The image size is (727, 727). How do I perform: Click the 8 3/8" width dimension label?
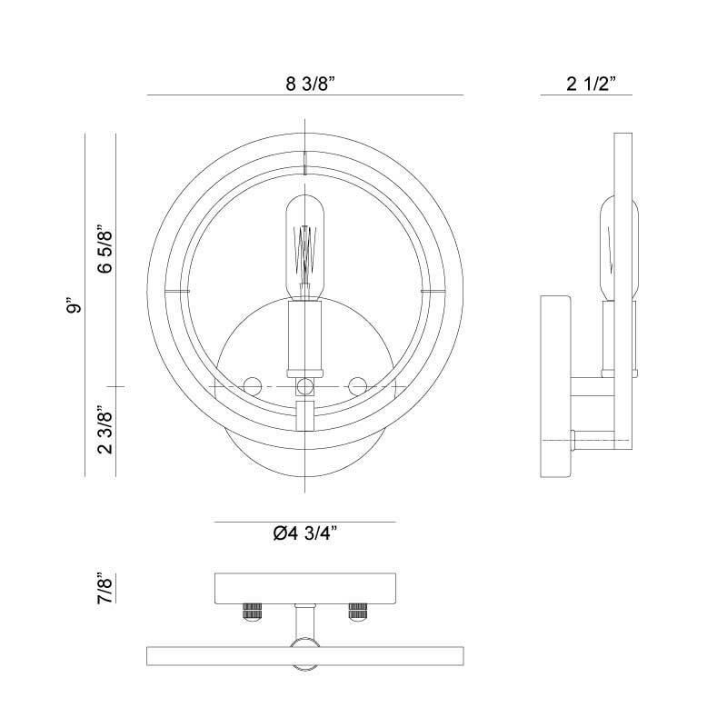pyautogui.click(x=310, y=84)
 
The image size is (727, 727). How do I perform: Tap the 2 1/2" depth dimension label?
pyautogui.click(x=592, y=84)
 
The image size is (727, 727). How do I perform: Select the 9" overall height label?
pyautogui.click(x=74, y=305)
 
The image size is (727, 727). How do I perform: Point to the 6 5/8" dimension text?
pyautogui.click(x=105, y=249)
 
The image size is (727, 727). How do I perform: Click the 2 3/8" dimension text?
pyautogui.click(x=105, y=429)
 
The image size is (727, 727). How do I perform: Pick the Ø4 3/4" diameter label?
pyautogui.click(x=304, y=533)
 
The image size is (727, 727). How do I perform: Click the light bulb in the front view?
pyautogui.click(x=304, y=247)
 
